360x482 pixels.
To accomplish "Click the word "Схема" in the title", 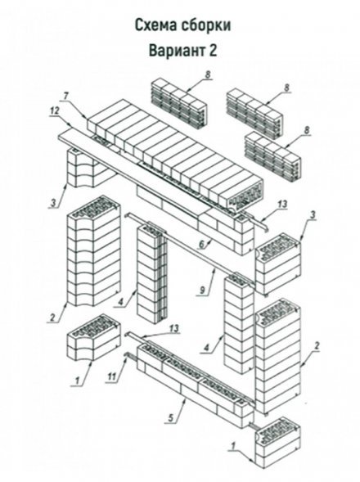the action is [155, 25].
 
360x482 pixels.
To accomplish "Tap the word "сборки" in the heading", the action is [205, 25].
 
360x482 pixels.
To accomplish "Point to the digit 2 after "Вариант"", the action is [213, 51].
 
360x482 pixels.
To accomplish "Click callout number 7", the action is [66, 97].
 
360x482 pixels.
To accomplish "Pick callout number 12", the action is [55, 110].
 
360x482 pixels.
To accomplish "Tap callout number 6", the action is [201, 245].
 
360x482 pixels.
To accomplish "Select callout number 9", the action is [201, 291].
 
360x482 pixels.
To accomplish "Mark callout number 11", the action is [112, 376].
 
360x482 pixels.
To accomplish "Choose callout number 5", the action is [172, 417].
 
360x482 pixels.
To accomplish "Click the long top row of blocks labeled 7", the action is [174, 155].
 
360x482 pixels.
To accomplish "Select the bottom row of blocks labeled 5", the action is [196, 385].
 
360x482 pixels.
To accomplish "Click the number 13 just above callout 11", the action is [173, 329].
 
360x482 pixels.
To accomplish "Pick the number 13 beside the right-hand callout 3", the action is [282, 204].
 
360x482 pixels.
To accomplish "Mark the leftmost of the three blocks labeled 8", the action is [179, 103].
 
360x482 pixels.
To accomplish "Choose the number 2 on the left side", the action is [52, 317].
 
